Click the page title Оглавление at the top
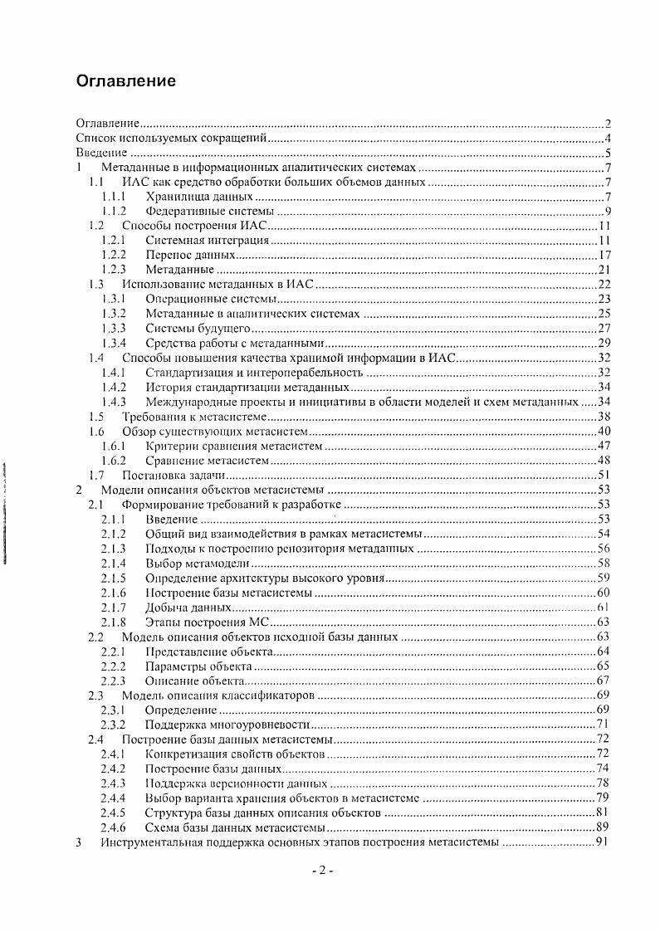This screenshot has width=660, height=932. coord(125,81)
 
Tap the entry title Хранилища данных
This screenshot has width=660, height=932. coord(198,197)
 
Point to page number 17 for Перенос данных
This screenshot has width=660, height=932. coord(604,255)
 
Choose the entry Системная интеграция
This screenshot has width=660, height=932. coord(207,240)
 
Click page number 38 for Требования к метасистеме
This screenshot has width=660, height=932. coord(604,417)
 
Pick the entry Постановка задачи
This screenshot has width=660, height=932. coord(174,476)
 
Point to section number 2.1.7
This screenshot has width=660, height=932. coord(113,608)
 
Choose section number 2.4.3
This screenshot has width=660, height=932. coord(113,783)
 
